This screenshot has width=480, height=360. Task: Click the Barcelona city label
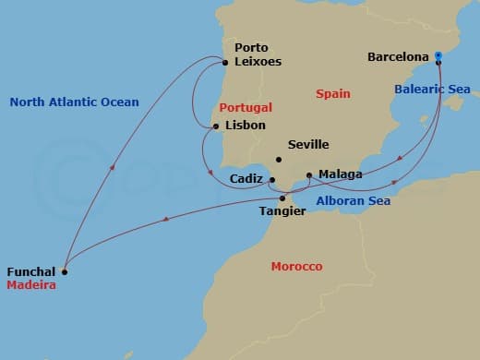pos(399,56)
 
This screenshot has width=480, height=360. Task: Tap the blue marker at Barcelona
pos(438,55)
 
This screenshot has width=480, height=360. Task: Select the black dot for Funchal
pos(64,272)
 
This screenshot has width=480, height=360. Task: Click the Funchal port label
pos(31,272)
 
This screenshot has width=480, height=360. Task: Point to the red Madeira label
pos(31,285)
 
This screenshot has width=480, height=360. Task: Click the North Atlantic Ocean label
pos(74,102)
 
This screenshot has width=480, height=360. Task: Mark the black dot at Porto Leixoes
pos(225,63)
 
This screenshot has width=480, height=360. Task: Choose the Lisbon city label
pos(245,126)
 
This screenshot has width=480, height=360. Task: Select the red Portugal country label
pos(246,107)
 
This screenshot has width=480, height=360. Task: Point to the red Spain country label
pos(332,94)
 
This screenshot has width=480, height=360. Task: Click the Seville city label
pos(308,145)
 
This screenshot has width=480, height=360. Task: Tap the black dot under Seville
pos(279,160)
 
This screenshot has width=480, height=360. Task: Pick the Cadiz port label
pos(247,179)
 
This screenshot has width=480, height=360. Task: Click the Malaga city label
pos(340,174)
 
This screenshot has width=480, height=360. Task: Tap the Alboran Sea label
pos(353,201)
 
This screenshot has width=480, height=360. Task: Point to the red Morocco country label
pos(296,267)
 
